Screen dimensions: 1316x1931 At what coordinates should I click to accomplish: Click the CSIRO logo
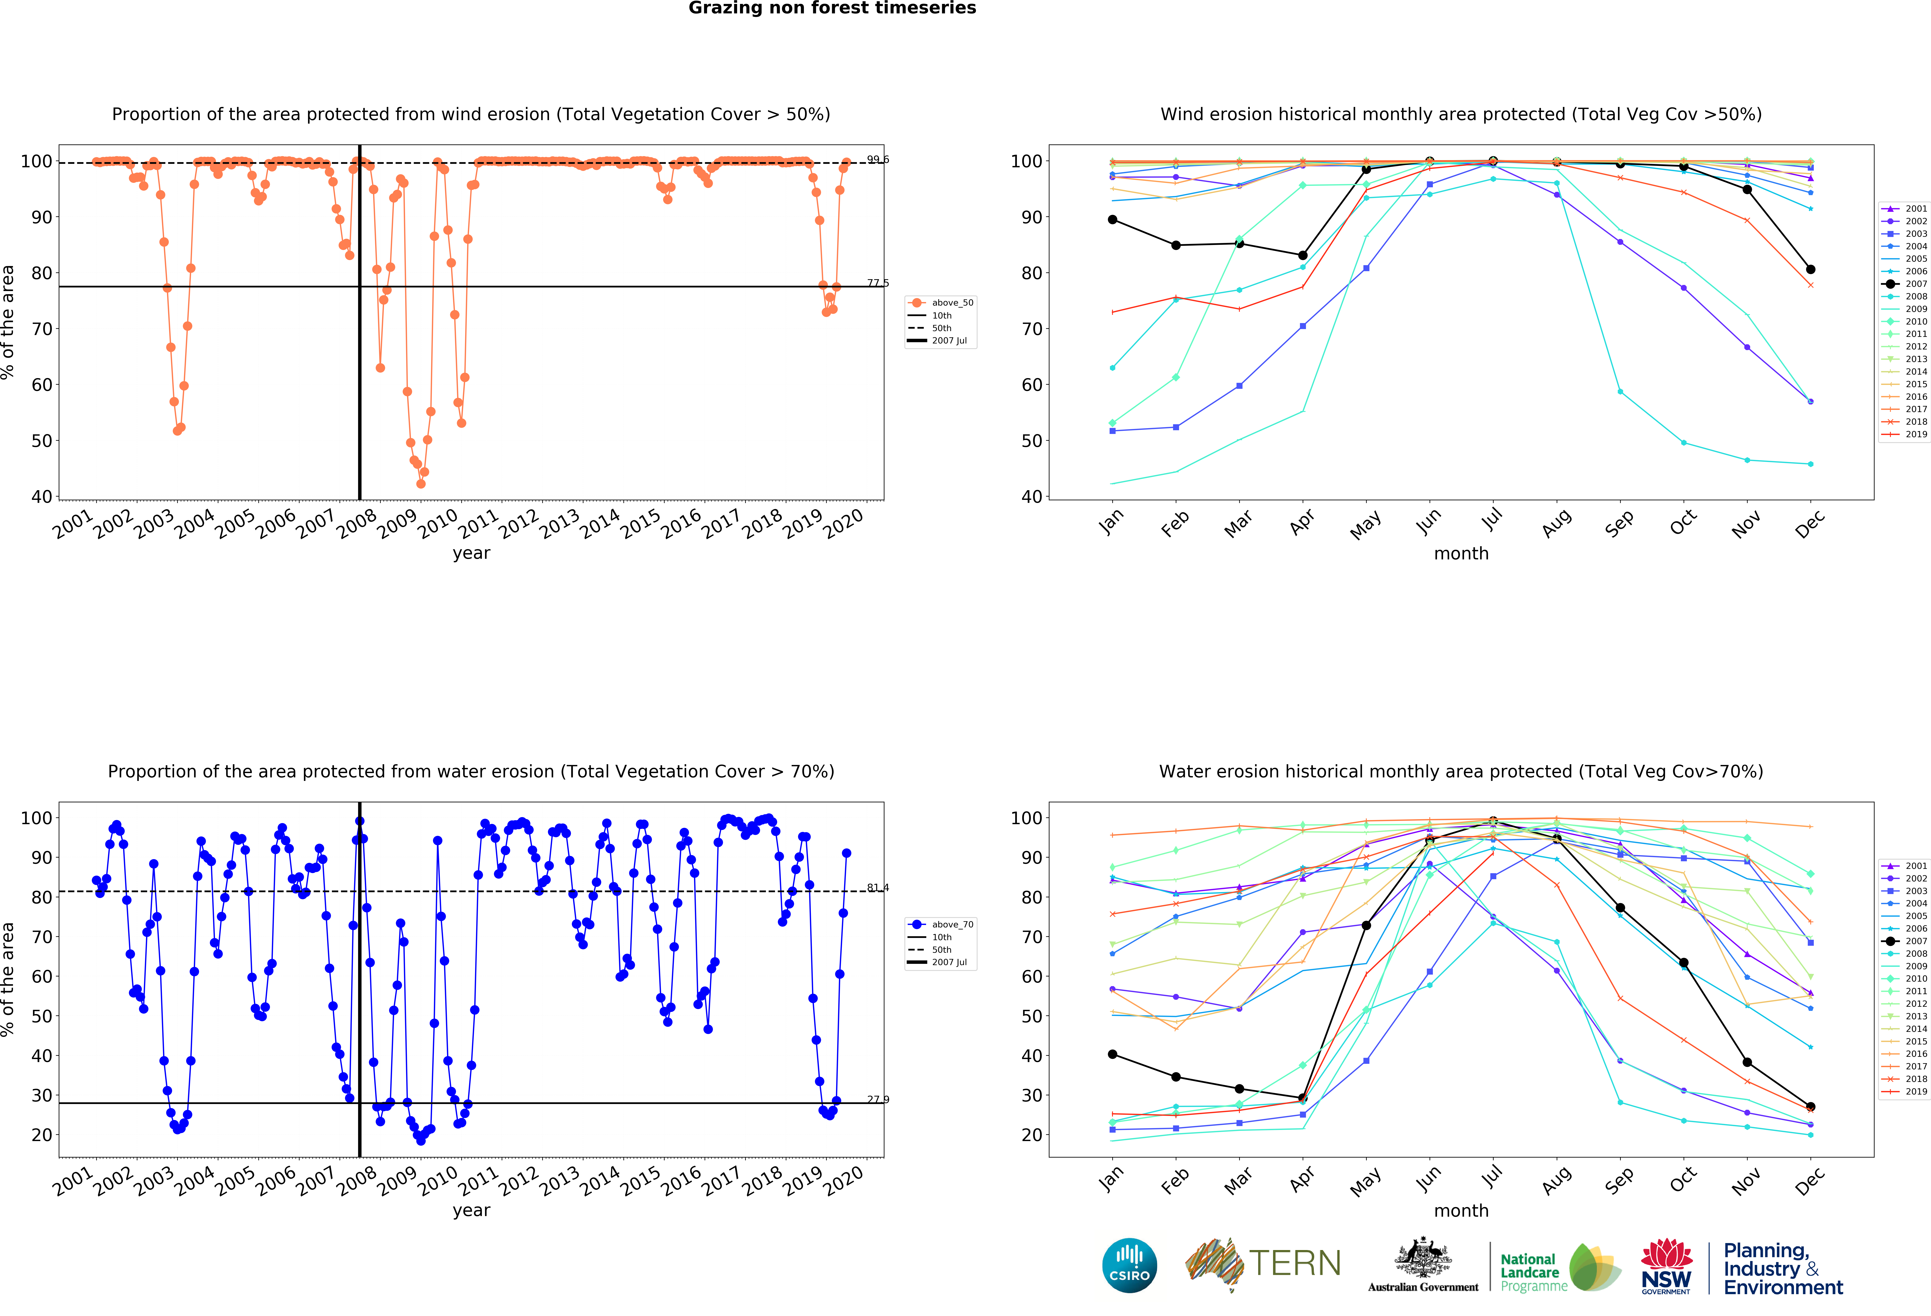point(1129,1265)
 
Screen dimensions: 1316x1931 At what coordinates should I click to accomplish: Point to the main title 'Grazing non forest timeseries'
point(832,8)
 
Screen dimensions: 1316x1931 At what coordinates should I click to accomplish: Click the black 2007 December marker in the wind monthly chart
point(1810,269)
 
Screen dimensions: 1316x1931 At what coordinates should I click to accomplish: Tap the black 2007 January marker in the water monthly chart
point(1112,1054)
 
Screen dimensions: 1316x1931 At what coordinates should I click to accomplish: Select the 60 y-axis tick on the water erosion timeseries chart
point(42,976)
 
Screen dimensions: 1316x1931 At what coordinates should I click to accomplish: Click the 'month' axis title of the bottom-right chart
point(1461,1211)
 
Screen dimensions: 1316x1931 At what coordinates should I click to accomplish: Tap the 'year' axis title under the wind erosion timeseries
point(471,553)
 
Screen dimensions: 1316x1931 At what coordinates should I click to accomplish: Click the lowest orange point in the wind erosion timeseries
point(420,484)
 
